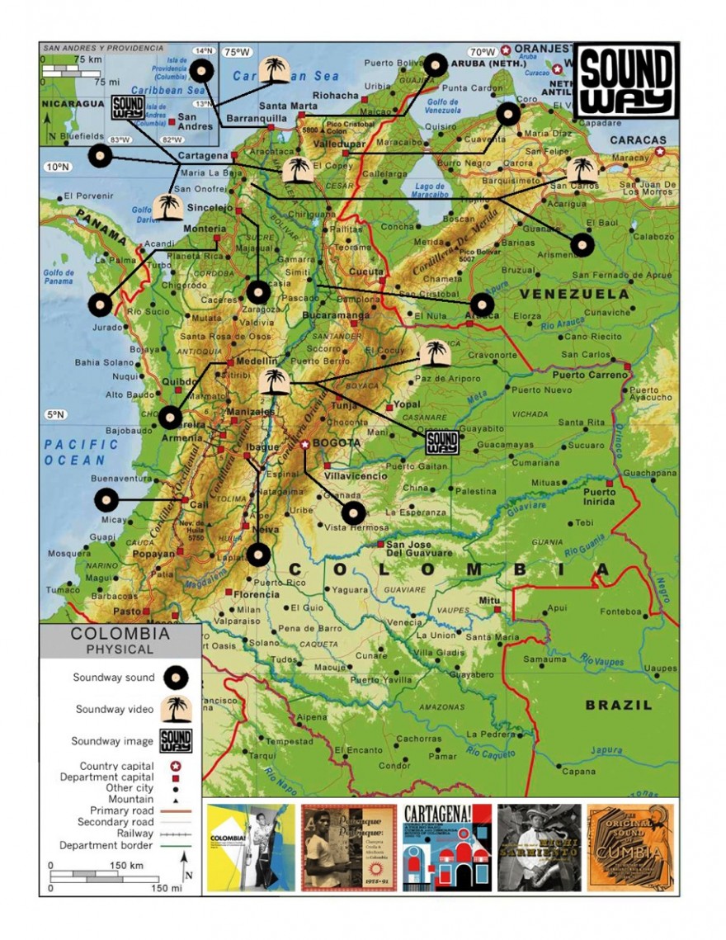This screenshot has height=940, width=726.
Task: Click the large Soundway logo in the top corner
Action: pyautogui.click(x=626, y=80)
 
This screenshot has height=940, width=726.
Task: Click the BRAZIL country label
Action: pyautogui.click(x=619, y=705)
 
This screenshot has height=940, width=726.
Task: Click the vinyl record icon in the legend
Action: pyautogui.click(x=175, y=678)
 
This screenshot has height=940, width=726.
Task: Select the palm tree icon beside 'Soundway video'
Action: pyautogui.click(x=175, y=708)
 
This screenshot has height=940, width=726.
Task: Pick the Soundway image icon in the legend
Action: pyautogui.click(x=175, y=740)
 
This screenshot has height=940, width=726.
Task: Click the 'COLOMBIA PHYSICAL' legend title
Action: pyautogui.click(x=120, y=641)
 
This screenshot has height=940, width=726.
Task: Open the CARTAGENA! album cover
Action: pyautogui.click(x=447, y=848)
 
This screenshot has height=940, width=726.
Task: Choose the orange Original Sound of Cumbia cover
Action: pyautogui.click(x=629, y=848)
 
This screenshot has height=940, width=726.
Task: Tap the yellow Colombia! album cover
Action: pyautogui.click(x=251, y=848)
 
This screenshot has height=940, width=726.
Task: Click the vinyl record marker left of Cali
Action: pyautogui.click(x=106, y=500)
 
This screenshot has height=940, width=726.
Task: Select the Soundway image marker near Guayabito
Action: pyautogui.click(x=442, y=443)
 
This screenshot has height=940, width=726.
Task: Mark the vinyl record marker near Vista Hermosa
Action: pyautogui.click(x=353, y=513)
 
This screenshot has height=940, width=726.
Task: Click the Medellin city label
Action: pyautogui.click(x=257, y=361)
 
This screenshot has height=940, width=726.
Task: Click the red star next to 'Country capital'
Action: pyautogui.click(x=176, y=766)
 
